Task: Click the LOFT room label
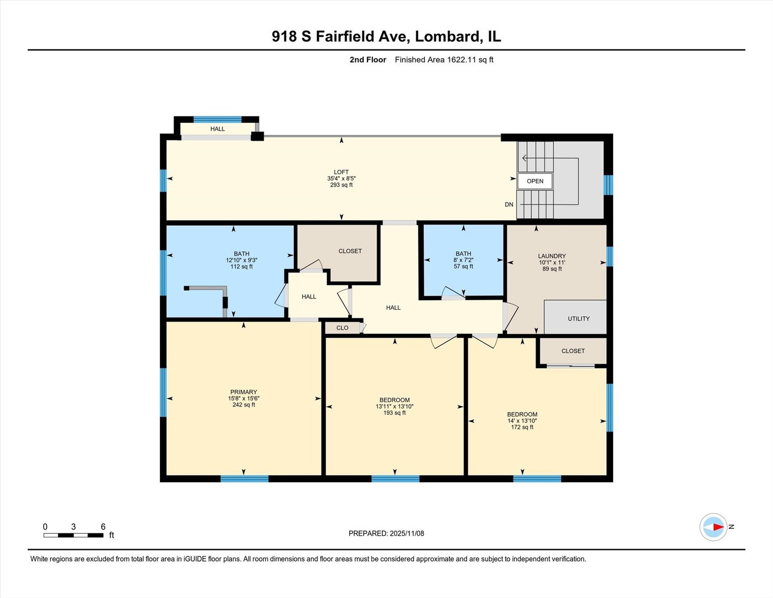click(341, 172)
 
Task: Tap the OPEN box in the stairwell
click(535, 181)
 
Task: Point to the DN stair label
click(509, 204)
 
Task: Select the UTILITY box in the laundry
click(578, 318)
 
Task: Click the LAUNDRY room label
click(552, 256)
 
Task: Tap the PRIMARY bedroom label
click(243, 392)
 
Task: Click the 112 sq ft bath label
click(241, 260)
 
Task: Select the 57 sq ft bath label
click(463, 260)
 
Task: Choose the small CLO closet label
click(343, 328)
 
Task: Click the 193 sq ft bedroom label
click(395, 406)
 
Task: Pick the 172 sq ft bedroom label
click(522, 421)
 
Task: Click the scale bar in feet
click(74, 535)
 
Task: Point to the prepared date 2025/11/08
click(386, 533)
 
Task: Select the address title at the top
click(386, 37)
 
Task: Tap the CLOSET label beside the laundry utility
click(573, 351)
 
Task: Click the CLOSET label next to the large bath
click(350, 251)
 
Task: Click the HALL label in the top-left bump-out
click(217, 129)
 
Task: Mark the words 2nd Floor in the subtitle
click(367, 60)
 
